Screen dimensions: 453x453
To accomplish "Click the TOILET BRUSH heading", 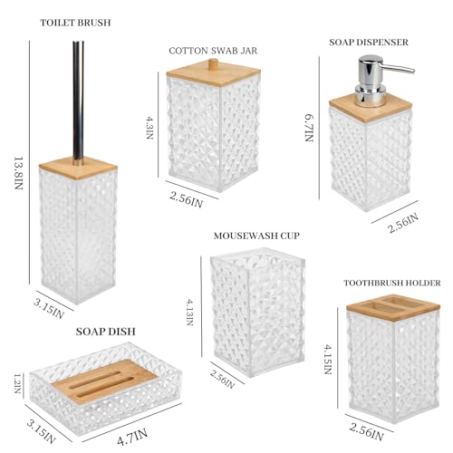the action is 75,23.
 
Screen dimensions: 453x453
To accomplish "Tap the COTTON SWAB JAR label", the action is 213,51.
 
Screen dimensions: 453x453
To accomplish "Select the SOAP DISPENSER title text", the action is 369,43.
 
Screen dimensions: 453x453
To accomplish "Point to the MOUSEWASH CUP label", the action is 256,236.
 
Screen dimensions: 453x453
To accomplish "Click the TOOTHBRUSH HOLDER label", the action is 392,283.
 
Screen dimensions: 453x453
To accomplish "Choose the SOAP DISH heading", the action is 106,332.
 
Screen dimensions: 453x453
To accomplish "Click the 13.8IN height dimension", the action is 19,173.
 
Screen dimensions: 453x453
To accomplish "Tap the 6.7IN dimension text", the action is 309,128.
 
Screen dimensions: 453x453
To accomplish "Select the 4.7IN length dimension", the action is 132,437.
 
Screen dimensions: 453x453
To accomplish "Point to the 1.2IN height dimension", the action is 18,383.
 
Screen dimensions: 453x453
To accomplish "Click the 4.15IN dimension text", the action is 328,360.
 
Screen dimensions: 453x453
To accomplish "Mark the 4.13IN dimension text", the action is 189,312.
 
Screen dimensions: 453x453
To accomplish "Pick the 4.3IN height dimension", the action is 149,128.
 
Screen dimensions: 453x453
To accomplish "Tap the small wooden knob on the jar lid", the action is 214,64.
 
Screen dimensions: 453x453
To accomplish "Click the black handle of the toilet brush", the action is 78,102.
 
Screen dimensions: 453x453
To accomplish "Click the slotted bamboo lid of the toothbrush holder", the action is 393,309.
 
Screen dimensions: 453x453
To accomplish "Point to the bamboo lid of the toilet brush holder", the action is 78,168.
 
